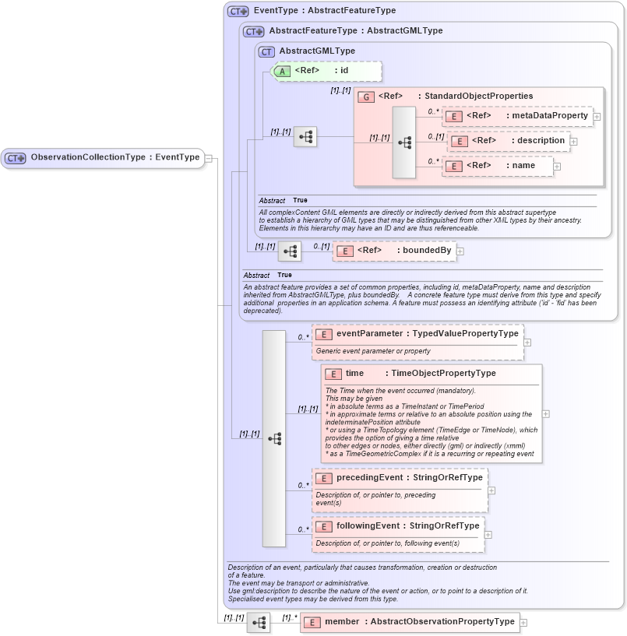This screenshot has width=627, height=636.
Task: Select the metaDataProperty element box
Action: pos(517,116)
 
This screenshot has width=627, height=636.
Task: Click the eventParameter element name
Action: pos(369,333)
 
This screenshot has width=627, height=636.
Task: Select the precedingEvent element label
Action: pos(369,477)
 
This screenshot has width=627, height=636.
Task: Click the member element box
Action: pos(409,622)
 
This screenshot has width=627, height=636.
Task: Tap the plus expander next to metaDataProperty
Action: pos(597,117)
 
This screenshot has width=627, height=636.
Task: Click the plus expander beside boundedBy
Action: pos(460,251)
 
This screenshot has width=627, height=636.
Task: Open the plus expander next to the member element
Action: pos(523,623)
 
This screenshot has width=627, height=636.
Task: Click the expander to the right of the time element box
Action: pos(545,414)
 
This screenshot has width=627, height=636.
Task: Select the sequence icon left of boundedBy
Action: pos(289,251)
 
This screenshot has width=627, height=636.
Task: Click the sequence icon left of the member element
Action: pos(258,623)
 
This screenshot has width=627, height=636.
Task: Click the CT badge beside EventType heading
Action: pos(238,11)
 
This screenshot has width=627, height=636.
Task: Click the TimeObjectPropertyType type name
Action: pos(443,374)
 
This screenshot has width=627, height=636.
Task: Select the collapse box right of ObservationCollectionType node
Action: pos(209,158)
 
